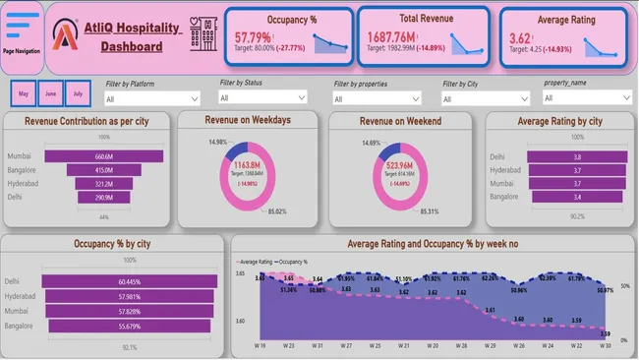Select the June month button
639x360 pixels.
pos(50,93)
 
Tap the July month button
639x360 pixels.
pos(78,93)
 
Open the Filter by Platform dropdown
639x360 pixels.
pos(152,98)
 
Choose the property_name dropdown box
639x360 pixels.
pos(588,97)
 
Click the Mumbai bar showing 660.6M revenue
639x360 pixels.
pos(103,156)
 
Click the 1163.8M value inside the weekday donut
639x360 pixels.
pos(249,165)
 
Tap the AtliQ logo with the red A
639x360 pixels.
pos(66,37)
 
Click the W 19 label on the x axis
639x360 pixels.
pos(261,345)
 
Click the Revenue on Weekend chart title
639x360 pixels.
pos(405,120)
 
